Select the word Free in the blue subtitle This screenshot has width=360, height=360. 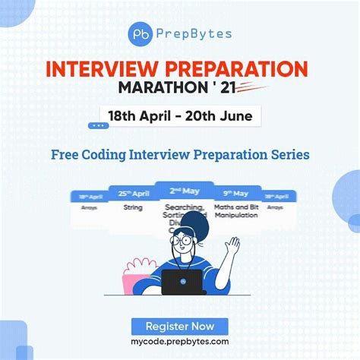pyautogui.click(x=65, y=154)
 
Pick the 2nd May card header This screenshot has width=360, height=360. pyautogui.click(x=184, y=191)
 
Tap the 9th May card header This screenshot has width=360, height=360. pyautogui.click(x=235, y=194)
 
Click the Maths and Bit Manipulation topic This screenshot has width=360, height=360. pyautogui.click(x=236, y=210)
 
